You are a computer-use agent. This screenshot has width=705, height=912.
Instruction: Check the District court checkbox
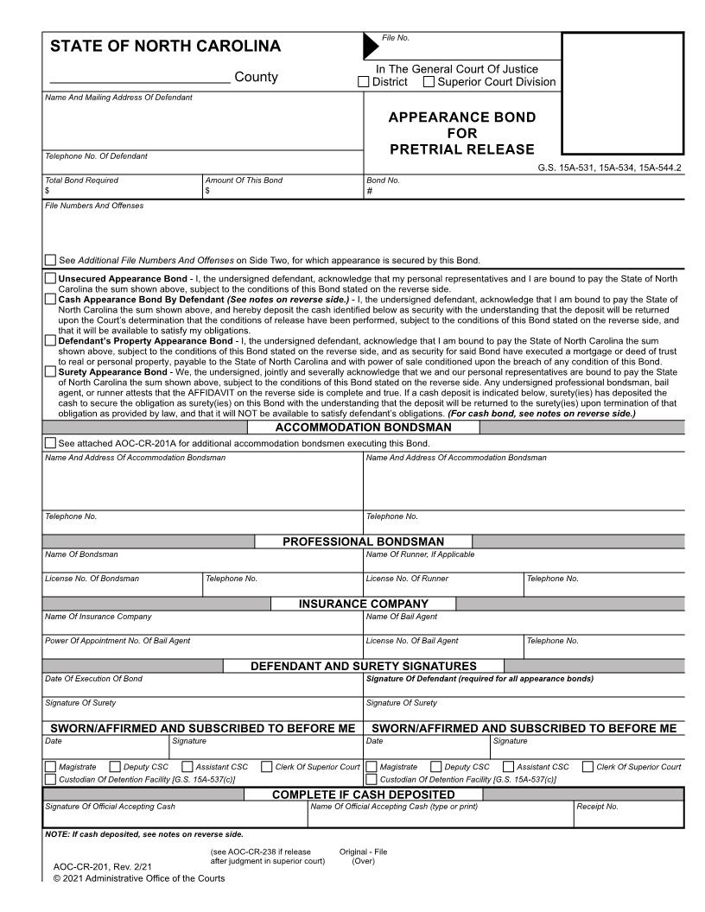pos(364,83)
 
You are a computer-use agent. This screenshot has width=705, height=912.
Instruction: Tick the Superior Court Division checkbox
pos(429,83)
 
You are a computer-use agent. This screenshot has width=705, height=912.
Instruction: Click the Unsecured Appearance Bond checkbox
pos(50,279)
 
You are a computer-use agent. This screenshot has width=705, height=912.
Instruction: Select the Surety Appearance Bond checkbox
pos(50,372)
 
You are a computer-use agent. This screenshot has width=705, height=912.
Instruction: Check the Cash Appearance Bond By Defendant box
pos(50,299)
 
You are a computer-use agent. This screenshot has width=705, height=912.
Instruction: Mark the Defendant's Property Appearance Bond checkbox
pos(50,341)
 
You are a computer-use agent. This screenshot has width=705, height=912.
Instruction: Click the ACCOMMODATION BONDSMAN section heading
pos(363,427)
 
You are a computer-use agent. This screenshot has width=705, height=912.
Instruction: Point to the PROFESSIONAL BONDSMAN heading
pos(363,541)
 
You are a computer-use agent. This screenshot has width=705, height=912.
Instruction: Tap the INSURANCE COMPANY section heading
pos(363,604)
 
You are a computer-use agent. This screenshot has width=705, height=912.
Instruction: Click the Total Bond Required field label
pos(82,180)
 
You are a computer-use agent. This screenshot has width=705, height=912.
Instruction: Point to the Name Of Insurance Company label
pos(98,617)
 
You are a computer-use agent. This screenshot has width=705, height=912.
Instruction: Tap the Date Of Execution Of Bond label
pos(94,679)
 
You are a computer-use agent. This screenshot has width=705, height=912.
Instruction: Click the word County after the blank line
pos(256,78)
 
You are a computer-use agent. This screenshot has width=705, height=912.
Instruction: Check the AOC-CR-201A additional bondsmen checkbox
pos(50,444)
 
